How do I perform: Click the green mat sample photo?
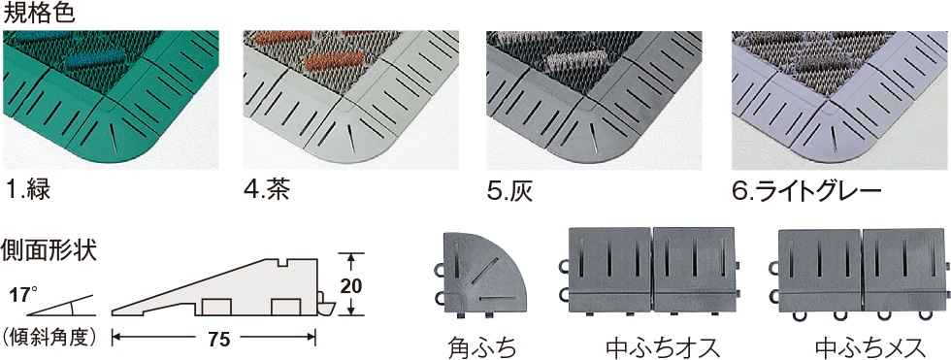tap(111, 100)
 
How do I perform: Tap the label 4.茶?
tap(267, 189)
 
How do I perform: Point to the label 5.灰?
tap(509, 189)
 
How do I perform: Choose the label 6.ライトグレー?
tap(806, 189)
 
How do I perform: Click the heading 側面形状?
tap(49, 249)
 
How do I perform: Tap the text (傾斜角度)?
tap(50, 337)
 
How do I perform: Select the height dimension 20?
tap(350, 285)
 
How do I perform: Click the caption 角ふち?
tap(482, 347)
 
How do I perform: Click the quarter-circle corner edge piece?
tap(480, 274)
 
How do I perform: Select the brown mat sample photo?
tap(351, 100)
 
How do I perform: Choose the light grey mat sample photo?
tap(837, 100)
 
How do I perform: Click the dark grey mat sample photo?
tap(594, 100)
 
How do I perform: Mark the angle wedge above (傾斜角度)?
tap(60, 306)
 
